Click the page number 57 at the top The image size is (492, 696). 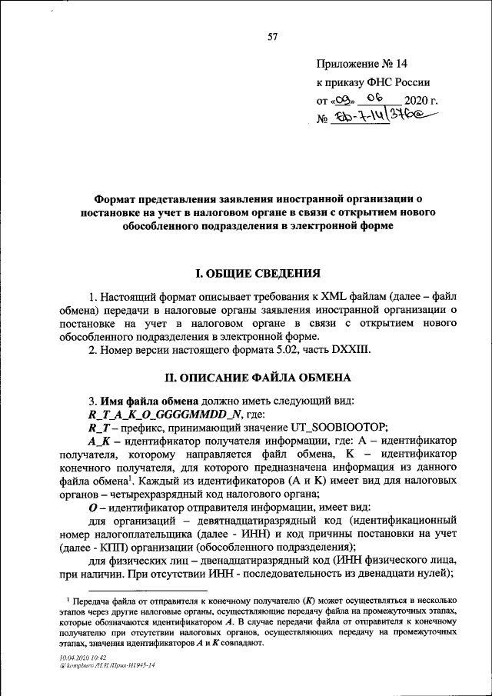coord(271,38)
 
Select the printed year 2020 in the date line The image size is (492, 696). coord(417,101)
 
